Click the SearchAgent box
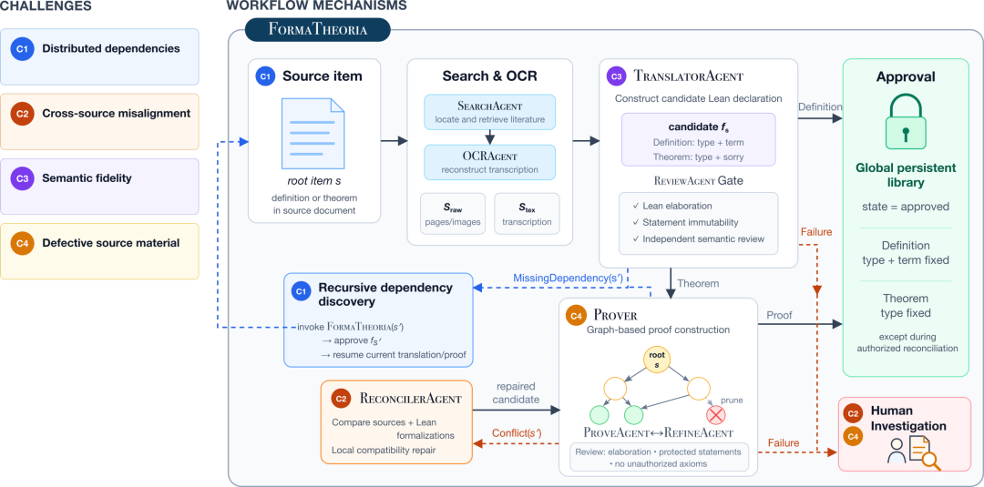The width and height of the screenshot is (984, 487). (x=489, y=113)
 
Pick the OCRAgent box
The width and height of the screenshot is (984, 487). (x=489, y=162)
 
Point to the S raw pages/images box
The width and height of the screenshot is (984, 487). (x=451, y=213)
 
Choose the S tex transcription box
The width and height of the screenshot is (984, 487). (x=527, y=213)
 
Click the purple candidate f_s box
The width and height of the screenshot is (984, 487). (x=699, y=140)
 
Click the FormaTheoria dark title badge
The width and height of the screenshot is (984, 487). (x=318, y=29)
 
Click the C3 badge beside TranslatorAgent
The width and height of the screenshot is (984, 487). (x=616, y=76)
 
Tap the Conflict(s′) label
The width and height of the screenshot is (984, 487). (x=517, y=432)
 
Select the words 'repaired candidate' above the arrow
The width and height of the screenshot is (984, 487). (x=515, y=393)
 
